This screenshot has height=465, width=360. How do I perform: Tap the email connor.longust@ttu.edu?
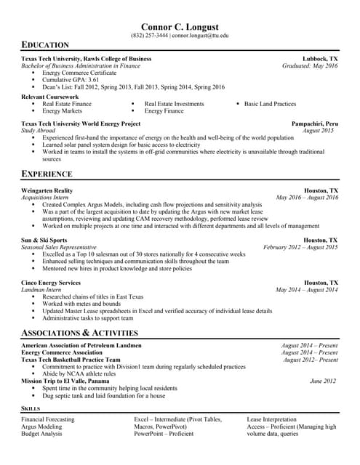[x=201, y=35]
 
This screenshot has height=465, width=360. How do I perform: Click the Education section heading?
[x=45, y=45]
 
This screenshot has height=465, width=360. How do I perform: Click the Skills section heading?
[x=31, y=409]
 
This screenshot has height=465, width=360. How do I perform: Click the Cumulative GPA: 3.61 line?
[x=71, y=80]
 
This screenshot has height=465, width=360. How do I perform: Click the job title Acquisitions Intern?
[x=45, y=198]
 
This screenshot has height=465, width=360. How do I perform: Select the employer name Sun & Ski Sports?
[x=44, y=240]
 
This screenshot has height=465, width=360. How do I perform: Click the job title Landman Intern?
[x=41, y=289]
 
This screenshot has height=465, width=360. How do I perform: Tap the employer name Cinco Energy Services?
[x=51, y=282]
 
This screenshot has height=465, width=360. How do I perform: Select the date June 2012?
[x=324, y=381]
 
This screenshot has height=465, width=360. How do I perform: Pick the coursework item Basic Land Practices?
[x=270, y=104]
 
